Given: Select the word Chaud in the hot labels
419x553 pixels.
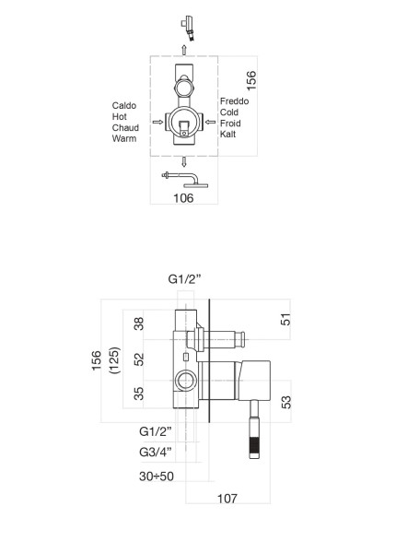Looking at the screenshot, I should pos(124,128).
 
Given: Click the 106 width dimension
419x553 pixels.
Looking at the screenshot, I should pos(183,198).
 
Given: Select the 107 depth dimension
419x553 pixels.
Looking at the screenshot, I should pos(227,498).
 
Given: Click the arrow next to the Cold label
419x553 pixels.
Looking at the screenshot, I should pos(211,120).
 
